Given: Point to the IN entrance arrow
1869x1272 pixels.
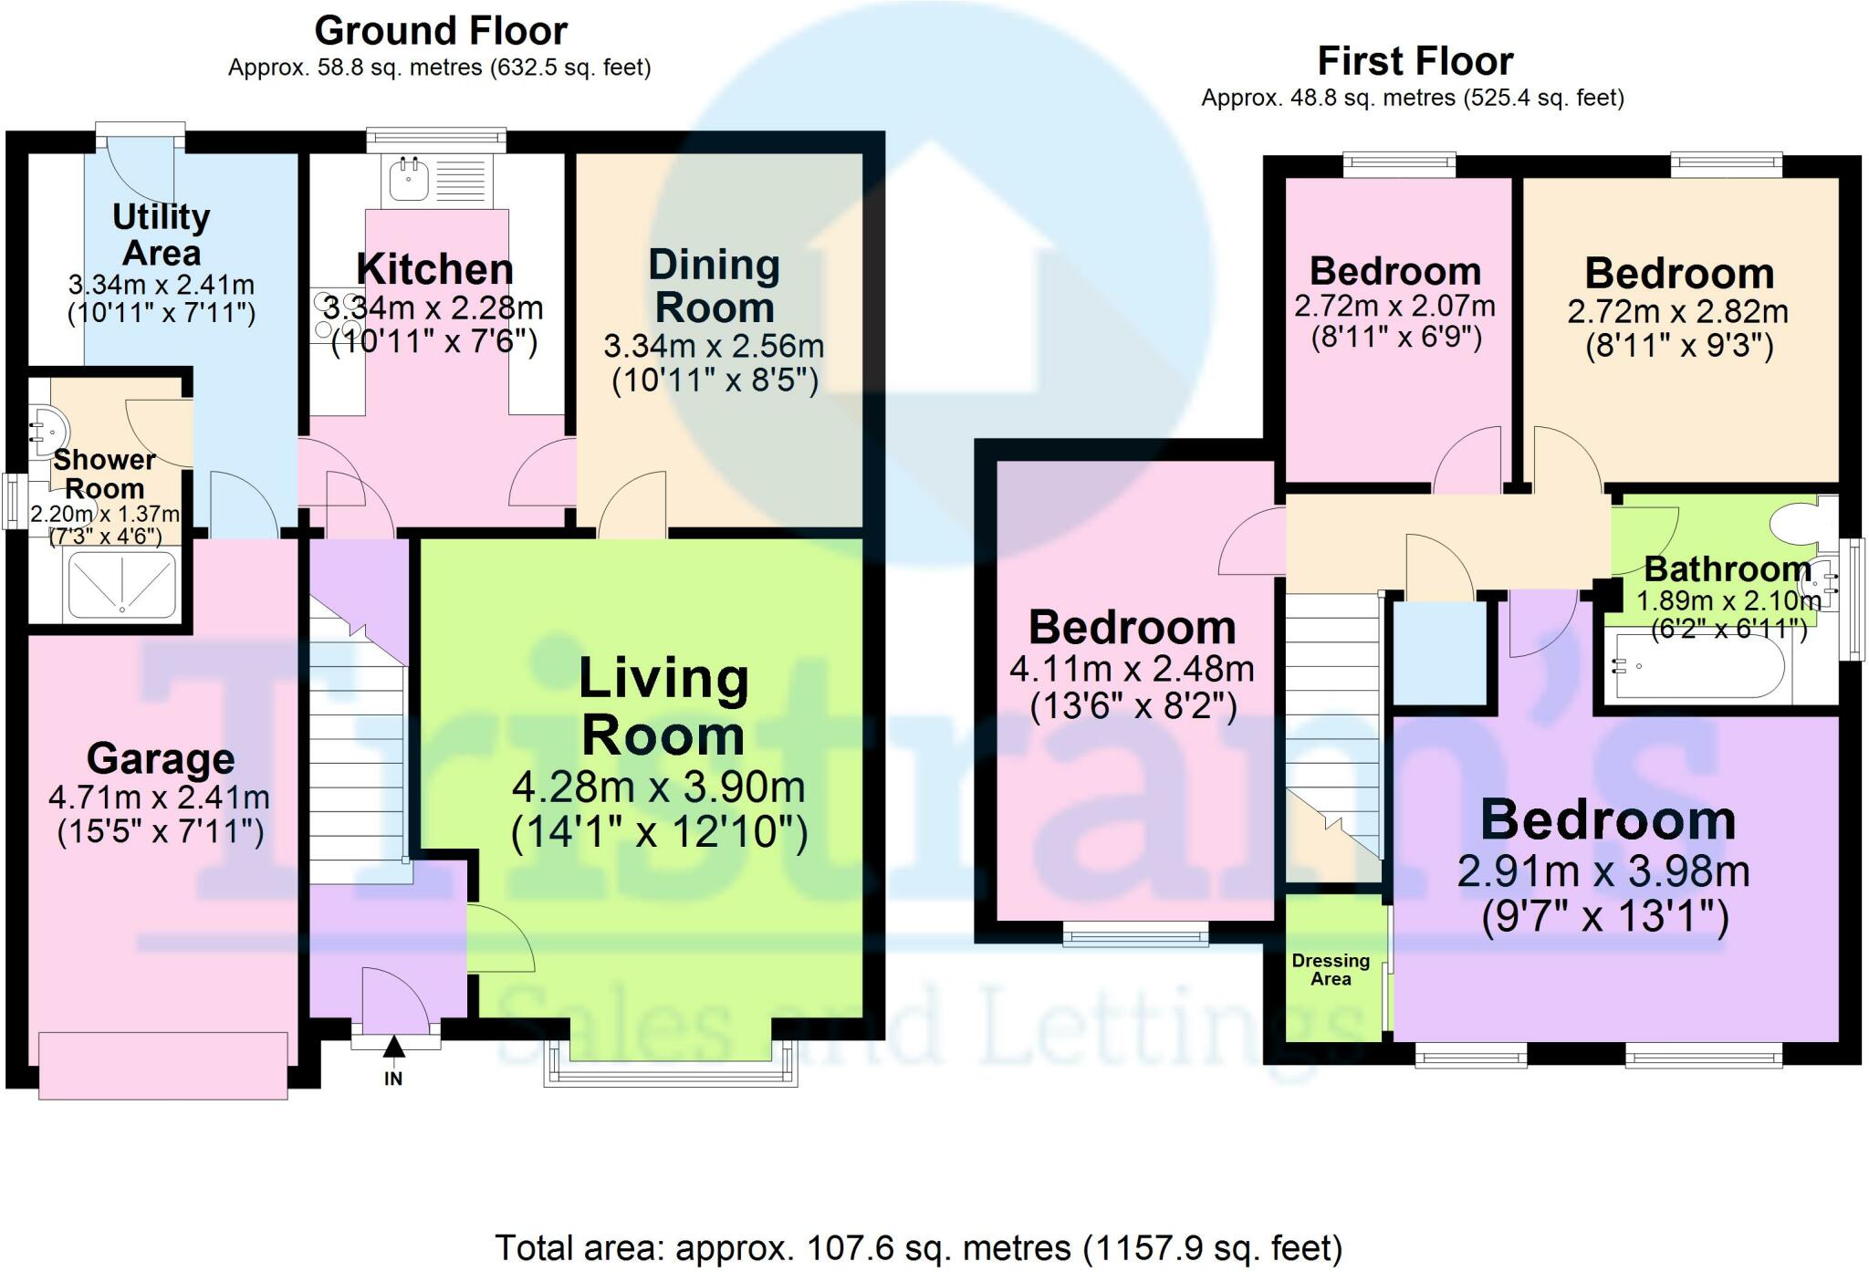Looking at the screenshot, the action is click(393, 1048).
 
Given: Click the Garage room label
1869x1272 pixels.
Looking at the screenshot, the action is click(161, 758).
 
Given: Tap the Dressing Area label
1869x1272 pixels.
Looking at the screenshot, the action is click(1331, 969).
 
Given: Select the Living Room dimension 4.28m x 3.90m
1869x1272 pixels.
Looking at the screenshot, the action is click(659, 787).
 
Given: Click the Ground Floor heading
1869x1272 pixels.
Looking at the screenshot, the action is click(441, 31).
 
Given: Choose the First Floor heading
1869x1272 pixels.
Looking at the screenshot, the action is click(1415, 61).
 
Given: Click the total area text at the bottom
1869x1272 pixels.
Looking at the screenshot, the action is click(919, 1247).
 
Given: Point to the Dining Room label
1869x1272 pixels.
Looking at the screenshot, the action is click(715, 286).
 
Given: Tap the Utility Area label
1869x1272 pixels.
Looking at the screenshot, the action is click(162, 235).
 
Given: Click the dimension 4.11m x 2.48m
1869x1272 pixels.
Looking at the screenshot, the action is click(1132, 669).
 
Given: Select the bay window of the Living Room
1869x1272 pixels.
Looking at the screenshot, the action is click(671, 1064).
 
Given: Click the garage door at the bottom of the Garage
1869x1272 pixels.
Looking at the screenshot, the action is click(163, 1065).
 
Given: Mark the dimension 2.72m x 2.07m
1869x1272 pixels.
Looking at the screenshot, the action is click(1395, 306).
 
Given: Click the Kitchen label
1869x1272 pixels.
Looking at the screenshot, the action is click(435, 268).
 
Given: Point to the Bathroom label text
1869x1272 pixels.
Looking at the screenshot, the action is click(1728, 568).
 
